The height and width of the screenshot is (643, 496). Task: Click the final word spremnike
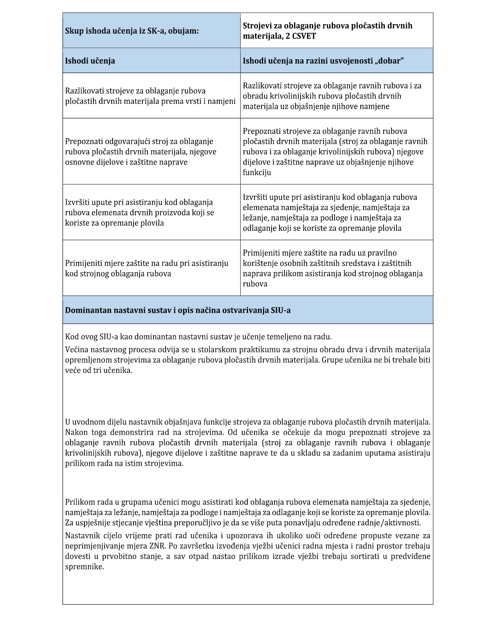[84, 567]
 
